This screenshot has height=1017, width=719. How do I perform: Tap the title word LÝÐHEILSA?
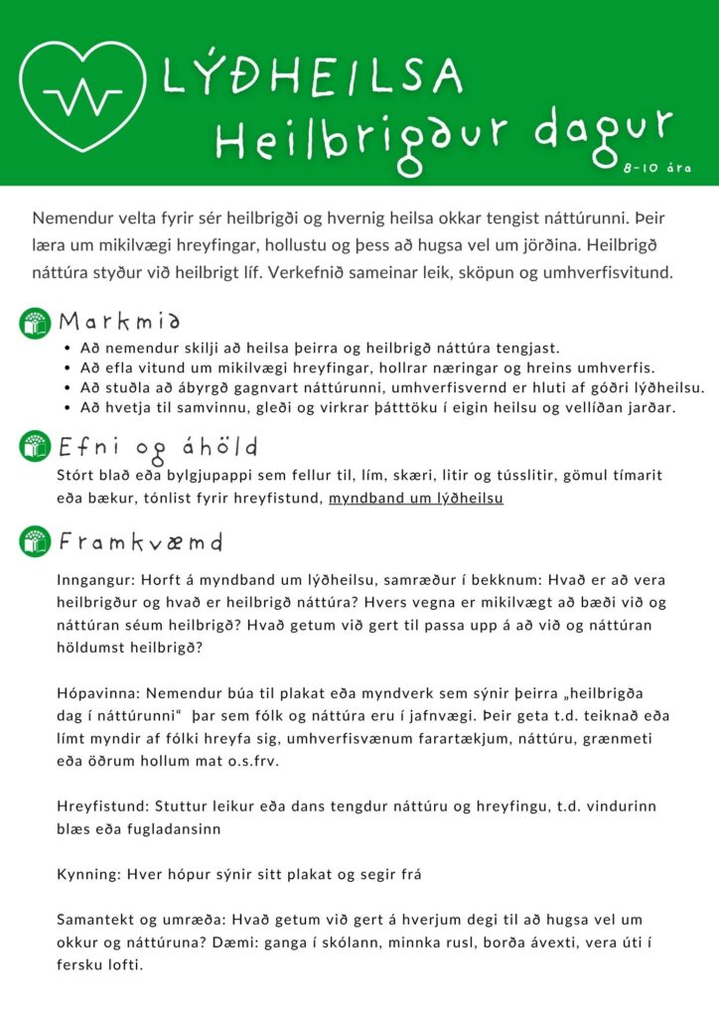click(312, 77)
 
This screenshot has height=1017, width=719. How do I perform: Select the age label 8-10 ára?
click(657, 169)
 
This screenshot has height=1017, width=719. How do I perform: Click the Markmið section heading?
click(119, 322)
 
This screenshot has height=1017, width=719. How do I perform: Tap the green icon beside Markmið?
click(36, 323)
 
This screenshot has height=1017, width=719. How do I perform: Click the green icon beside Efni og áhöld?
click(36, 446)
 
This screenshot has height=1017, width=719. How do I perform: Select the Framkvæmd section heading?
click(140, 542)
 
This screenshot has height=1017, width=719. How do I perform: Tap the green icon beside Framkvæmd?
click(36, 542)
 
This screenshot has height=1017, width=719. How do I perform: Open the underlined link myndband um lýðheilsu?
click(415, 498)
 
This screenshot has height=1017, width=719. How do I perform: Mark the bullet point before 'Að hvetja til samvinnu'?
click(66, 407)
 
